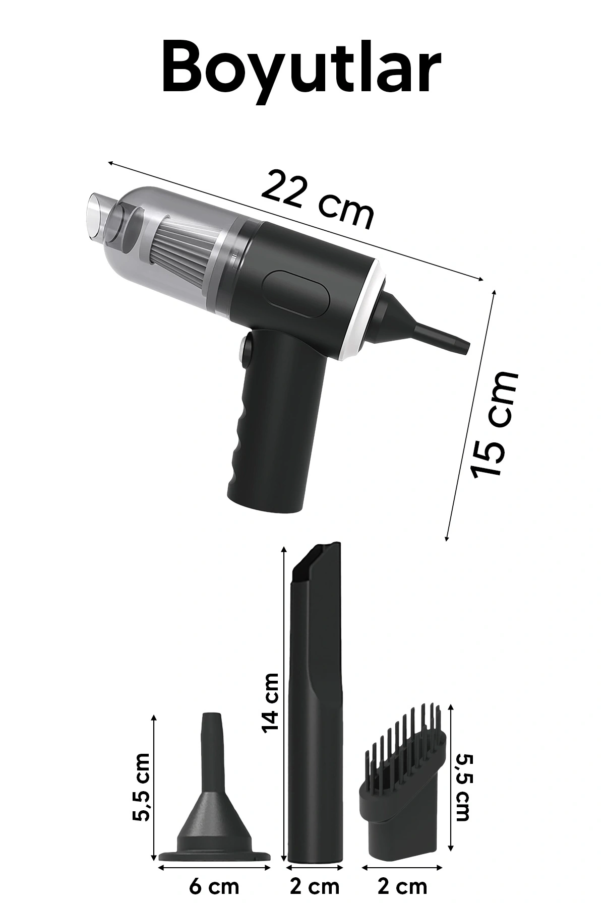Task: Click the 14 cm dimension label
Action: (x=270, y=702)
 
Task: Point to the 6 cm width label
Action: (x=214, y=887)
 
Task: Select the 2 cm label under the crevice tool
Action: (x=315, y=887)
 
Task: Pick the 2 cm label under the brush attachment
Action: (x=402, y=887)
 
